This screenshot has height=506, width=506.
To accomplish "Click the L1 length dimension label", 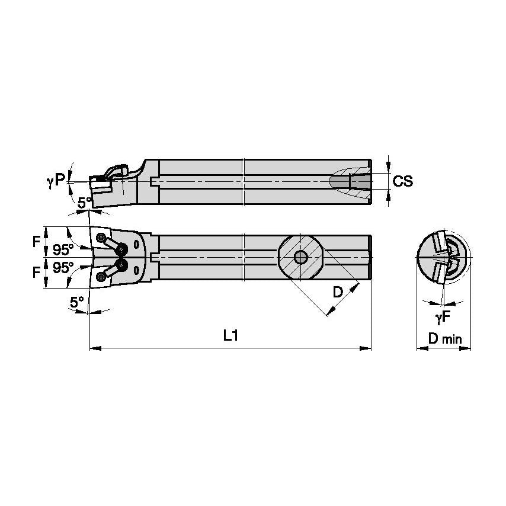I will tap(230, 336).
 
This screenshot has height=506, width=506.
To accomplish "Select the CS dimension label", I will tap(403, 181).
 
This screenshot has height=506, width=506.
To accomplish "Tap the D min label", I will tap(444, 340).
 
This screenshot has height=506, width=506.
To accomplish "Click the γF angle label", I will tap(443, 319).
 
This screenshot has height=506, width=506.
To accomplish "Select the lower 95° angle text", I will tap(63, 268).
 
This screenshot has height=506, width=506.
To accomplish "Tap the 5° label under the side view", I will tap(85, 203).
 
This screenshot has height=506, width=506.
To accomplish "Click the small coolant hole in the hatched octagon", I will tap(301, 257).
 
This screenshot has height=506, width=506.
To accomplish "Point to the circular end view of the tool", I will tap(444, 258).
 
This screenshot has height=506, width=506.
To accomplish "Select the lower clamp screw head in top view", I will tap(123, 264).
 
